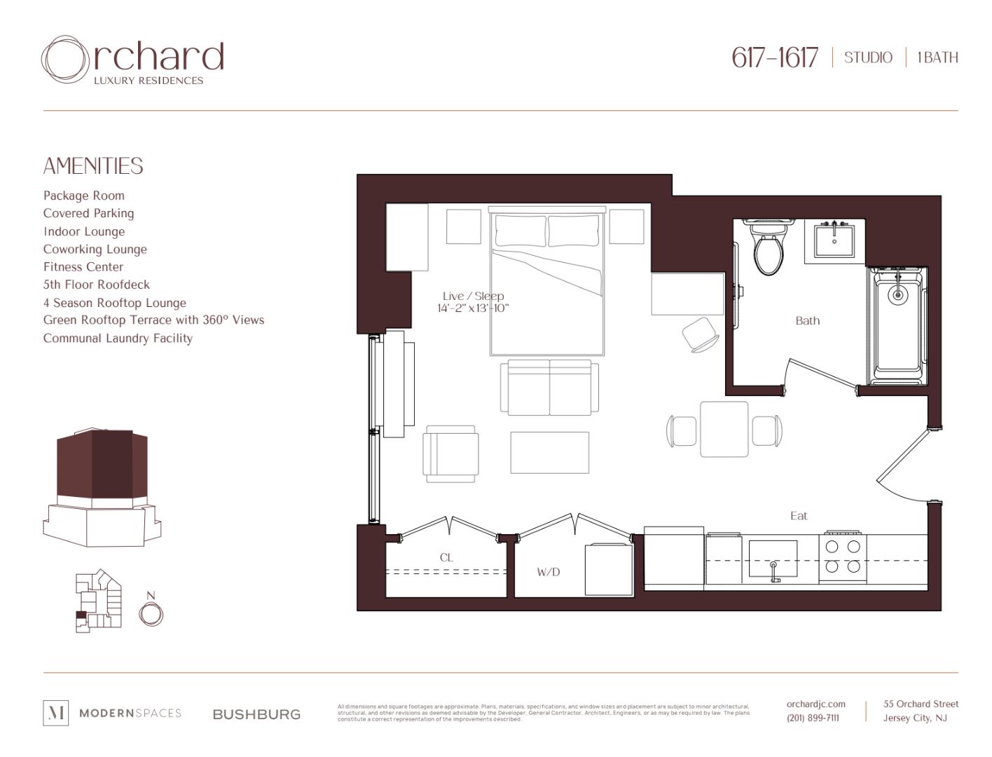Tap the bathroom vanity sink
[x=834, y=241]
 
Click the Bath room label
[x=807, y=321]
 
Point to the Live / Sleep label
[x=473, y=296]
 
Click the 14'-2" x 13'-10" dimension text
[x=473, y=308]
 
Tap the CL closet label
[x=446, y=558]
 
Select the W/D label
[x=548, y=572]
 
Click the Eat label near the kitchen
[x=799, y=516]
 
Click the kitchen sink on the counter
[x=773, y=559]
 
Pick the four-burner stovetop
[x=843, y=557]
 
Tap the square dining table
[x=724, y=429]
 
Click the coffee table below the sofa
[x=549, y=453]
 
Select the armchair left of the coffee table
[x=450, y=453]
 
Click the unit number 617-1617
[x=774, y=57]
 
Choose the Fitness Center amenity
[x=83, y=267]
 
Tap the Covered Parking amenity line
[x=88, y=213]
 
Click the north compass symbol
[x=151, y=613]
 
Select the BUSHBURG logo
[x=256, y=714]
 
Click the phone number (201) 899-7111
[x=813, y=718]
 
